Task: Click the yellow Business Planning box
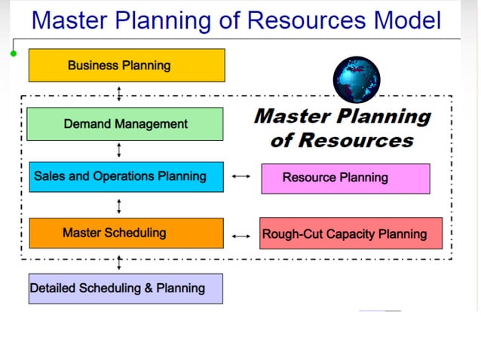click(126, 66)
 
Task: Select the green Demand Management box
click(124, 124)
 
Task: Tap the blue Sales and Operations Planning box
click(126, 177)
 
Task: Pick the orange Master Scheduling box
click(126, 233)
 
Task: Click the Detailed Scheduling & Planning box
click(125, 288)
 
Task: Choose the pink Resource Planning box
click(345, 178)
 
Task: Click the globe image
click(357, 79)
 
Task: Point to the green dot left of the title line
click(14, 53)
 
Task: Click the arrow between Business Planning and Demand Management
click(119, 94)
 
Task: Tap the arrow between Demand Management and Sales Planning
click(119, 151)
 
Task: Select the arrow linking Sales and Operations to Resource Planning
click(241, 177)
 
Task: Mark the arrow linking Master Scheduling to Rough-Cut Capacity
click(241, 236)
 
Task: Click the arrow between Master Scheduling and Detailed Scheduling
click(119, 261)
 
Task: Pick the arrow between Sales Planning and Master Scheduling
click(119, 206)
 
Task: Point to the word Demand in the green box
click(87, 124)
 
